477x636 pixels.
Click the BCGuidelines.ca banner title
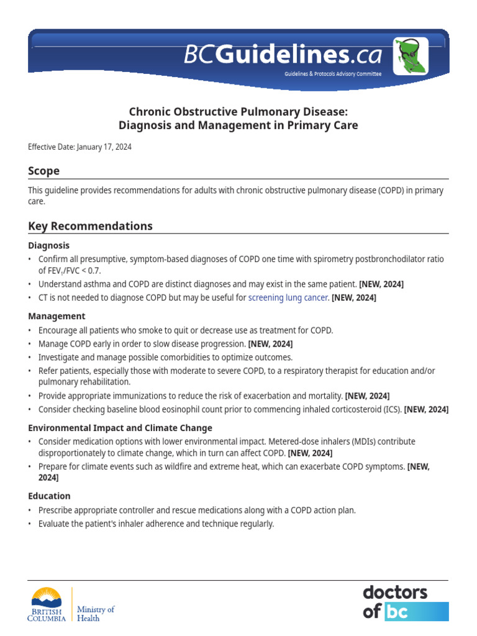point(283,55)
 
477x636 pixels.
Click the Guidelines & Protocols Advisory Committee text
point(333,74)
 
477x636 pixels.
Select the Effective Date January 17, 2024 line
point(79,147)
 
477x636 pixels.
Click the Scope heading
point(44,171)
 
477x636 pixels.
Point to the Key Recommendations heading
point(90,226)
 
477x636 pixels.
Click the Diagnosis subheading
point(49,245)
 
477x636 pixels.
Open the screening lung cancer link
point(288,298)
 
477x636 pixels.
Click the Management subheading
point(57,316)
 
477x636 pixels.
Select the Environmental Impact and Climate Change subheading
point(120,428)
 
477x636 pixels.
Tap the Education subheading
point(49,496)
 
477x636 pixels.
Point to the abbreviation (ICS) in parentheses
point(393,409)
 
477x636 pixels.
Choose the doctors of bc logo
point(405,602)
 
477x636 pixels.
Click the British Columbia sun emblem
point(47,597)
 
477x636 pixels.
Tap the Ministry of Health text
point(96,614)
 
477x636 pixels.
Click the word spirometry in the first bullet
point(308,259)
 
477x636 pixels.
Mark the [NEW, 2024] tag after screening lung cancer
point(354,298)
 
